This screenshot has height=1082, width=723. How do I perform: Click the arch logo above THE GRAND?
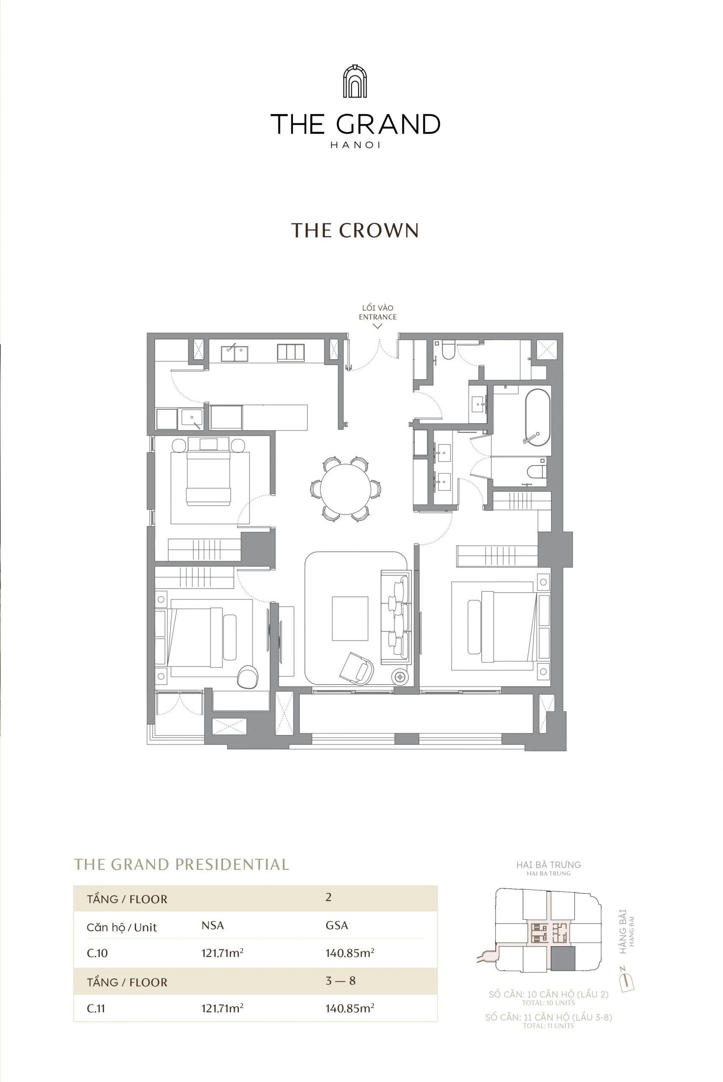pos(355,82)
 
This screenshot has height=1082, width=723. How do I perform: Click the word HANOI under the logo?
pos(355,145)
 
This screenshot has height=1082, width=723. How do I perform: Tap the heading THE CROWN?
pos(355,230)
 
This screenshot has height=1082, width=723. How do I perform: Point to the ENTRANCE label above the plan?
pos(378,317)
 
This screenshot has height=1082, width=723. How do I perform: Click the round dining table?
pos(345,489)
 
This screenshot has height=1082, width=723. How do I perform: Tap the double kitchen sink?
pos(234,353)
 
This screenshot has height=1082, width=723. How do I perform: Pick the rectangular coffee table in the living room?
pos(350,618)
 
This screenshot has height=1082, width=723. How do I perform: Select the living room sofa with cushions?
pos(396,617)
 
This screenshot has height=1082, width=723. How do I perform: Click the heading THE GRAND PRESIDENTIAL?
pos(181,864)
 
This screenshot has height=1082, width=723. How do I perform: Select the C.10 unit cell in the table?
pos(97,953)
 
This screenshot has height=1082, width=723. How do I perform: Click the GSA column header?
pos(337,925)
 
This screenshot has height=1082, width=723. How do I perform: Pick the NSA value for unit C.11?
pos(222,1008)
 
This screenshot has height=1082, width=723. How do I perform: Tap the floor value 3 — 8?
pos(340,981)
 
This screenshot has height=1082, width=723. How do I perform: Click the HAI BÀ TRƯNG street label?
pos(548,865)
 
